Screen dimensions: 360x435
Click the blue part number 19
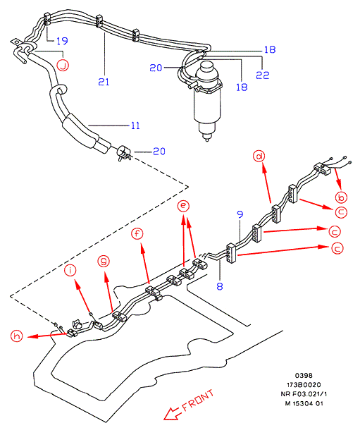coord(63,41)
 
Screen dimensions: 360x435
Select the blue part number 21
coord(104,82)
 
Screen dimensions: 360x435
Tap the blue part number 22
coord(263,75)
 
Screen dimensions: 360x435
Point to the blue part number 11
coord(135,125)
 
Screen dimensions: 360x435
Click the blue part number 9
coord(240,214)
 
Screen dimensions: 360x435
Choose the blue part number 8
coord(220,286)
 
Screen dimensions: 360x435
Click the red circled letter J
coord(63,66)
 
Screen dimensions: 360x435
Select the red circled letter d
coord(259,157)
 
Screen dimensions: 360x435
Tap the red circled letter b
coord(341,197)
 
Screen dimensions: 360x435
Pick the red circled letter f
coord(137,233)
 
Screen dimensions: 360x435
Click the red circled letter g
coord(104,262)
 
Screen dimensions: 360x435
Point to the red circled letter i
coord(70,270)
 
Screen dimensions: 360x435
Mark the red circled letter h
coord(17,336)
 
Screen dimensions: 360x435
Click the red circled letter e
coord(183,206)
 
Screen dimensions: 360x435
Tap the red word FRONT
coord(198,400)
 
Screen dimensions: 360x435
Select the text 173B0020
coord(304,385)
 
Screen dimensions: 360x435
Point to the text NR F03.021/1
coord(304,394)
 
